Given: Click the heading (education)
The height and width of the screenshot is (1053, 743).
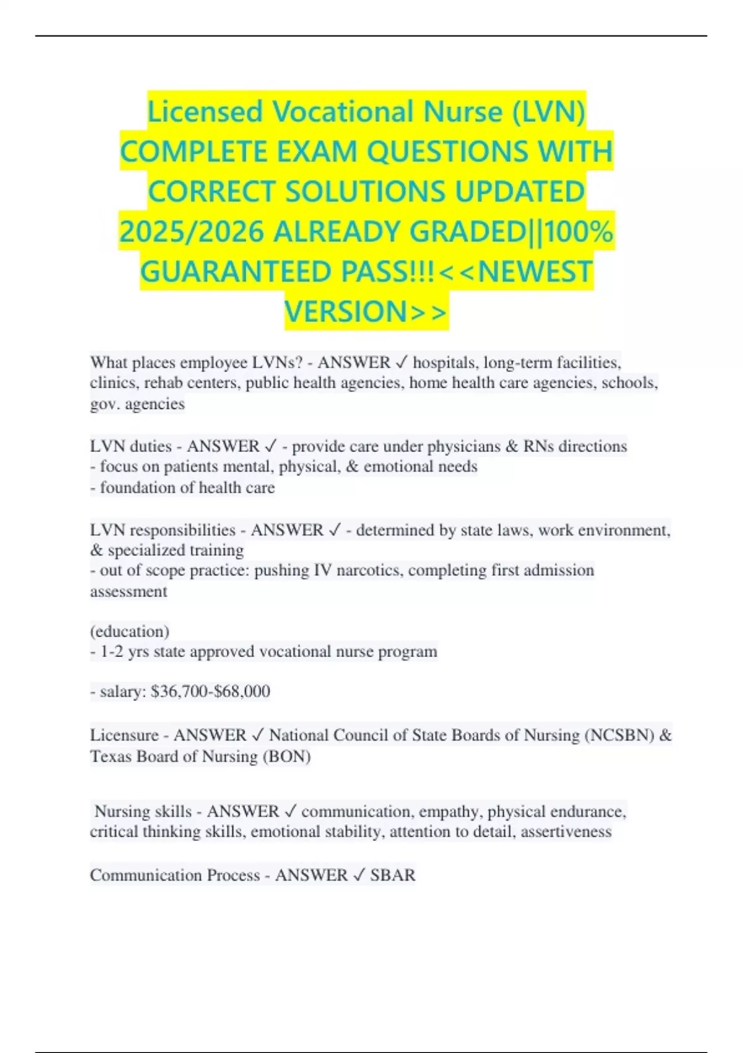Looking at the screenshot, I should click(129, 631).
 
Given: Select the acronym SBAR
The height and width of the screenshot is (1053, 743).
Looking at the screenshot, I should click(393, 875).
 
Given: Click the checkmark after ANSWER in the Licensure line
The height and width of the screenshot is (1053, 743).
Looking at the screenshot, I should click(258, 735).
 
